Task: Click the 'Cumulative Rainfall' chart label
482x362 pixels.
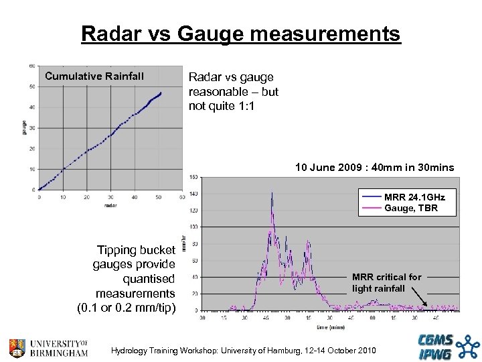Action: tap(94, 76)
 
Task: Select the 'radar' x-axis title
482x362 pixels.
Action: tap(110, 205)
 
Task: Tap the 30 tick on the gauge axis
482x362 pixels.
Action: tap(32, 128)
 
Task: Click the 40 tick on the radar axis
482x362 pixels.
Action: tap(135, 197)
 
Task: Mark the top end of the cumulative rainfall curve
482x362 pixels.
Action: tap(161, 93)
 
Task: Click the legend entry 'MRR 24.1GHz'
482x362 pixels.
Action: tap(414, 197)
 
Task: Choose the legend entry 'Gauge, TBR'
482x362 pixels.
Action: tap(411, 208)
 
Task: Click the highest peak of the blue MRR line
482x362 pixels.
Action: tap(272, 192)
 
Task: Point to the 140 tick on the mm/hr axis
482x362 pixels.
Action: tap(193, 194)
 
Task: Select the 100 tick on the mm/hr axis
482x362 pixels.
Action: tap(193, 227)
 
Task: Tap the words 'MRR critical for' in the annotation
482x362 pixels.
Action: tap(387, 277)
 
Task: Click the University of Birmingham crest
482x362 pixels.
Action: tap(18, 348)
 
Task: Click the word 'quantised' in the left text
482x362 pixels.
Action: tap(148, 279)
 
